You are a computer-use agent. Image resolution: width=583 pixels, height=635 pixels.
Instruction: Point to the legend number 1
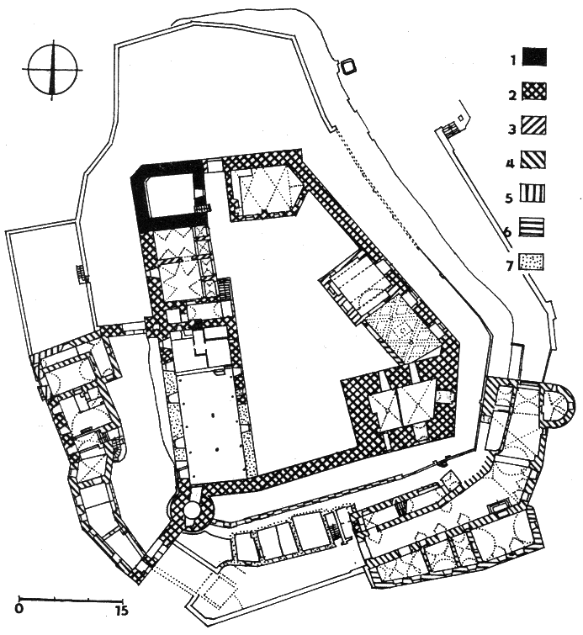[x=513, y=61]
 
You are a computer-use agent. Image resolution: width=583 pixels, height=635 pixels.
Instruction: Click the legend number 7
[x=510, y=266]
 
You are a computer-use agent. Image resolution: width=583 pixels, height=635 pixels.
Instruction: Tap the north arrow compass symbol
[x=52, y=70]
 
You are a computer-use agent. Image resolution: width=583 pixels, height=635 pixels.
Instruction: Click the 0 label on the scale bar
[x=19, y=609]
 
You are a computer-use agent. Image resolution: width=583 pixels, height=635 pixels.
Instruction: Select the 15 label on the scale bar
[x=121, y=609]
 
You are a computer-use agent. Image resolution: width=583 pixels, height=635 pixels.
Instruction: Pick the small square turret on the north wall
[x=348, y=66]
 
